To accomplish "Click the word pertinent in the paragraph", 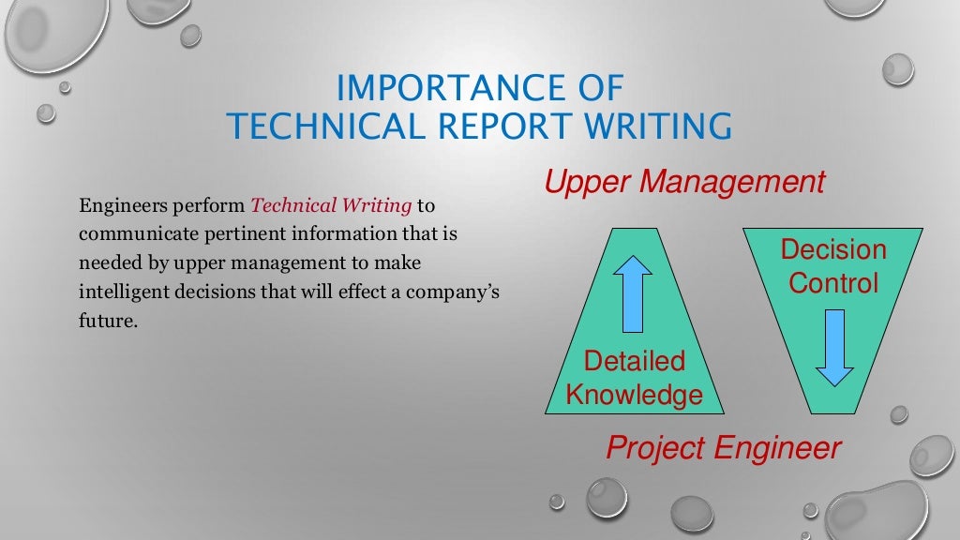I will point(232,233).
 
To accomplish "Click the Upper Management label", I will point(684,182).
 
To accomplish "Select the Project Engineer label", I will point(724,448).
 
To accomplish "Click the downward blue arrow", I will point(834,348).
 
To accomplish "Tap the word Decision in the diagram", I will point(833,250).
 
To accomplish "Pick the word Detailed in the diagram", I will point(634,361).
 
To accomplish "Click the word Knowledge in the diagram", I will point(634,394).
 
